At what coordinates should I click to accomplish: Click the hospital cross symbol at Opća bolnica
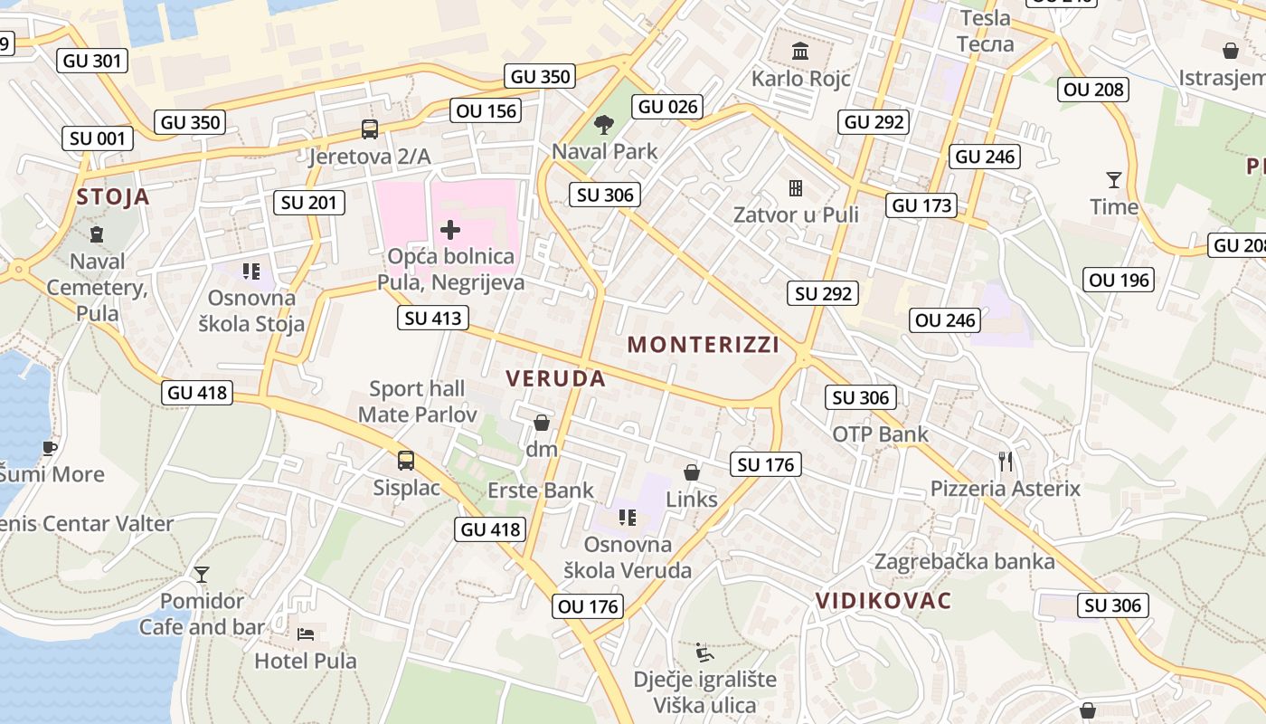coord(449,230)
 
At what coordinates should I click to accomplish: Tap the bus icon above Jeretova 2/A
coord(370,129)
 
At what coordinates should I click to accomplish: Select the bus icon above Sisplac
coord(406,461)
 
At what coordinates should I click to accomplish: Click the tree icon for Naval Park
coord(604,124)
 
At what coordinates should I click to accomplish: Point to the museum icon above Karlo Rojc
coord(800,51)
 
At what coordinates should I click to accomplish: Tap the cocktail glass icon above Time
coord(1113,179)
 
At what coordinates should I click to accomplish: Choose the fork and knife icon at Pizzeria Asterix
coord(1006,462)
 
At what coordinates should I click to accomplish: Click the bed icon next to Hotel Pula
coord(306,633)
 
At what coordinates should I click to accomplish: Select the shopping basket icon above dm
coord(542,423)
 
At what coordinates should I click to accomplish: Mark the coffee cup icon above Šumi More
coord(49,447)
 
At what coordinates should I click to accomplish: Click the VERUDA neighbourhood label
coord(556,378)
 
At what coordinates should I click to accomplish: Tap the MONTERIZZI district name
coord(704,344)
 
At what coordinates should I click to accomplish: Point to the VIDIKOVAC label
coord(883,601)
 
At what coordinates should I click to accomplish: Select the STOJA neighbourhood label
coord(113,197)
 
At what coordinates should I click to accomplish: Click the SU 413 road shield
coord(433,318)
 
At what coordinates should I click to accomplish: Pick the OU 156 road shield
coord(487,110)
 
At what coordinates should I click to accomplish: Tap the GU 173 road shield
coord(921,205)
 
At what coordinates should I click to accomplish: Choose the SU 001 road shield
coord(99,138)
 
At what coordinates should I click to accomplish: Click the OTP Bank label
coord(880,434)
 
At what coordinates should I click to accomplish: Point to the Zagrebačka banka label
coord(964,561)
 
